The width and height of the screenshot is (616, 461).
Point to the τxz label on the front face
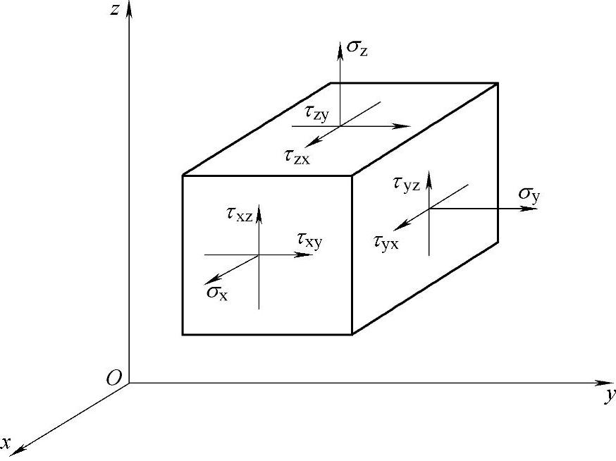point(240,214)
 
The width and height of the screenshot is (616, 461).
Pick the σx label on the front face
point(217,292)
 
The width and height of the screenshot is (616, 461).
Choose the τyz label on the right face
point(407,185)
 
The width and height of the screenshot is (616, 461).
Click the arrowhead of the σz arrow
point(340,44)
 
